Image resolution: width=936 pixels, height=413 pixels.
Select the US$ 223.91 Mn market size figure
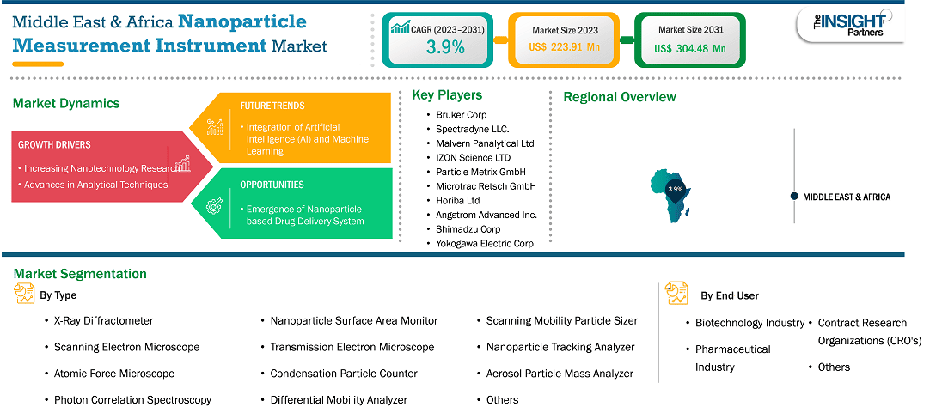(564, 48)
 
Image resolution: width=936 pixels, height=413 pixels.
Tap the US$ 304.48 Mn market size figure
(689, 49)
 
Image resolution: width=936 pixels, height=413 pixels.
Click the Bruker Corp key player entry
(462, 114)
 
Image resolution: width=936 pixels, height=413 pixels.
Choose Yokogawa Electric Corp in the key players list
(485, 243)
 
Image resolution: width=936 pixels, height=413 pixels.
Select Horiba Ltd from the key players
(458, 200)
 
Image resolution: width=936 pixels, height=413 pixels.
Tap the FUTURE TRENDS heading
(272, 106)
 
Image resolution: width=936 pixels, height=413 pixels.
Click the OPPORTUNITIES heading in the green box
(272, 185)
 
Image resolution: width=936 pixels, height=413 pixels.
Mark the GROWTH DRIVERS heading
(54, 145)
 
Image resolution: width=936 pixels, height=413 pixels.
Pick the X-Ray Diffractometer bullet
(103, 320)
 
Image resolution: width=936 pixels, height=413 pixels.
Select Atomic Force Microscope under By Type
(114, 373)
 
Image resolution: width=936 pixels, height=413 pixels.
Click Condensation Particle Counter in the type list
(344, 373)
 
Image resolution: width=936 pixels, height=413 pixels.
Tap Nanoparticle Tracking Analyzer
(560, 347)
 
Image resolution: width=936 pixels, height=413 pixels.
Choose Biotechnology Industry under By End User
(749, 323)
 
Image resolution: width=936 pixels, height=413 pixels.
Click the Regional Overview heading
(620, 97)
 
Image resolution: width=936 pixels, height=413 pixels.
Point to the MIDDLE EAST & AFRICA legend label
(847, 197)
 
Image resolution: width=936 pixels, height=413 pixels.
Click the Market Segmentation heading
(80, 274)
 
